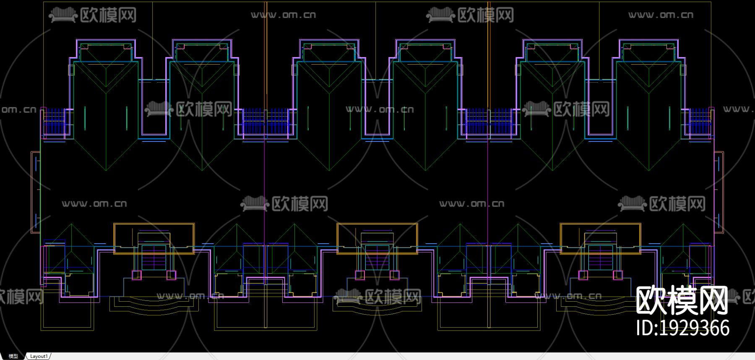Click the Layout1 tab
pos(39,356)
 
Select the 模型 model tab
pos(13,356)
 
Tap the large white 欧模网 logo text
pos(682,301)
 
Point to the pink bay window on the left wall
pos(35,192)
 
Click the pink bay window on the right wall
pos(719,192)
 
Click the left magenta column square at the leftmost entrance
pos(137,275)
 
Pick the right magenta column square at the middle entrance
pos(394,275)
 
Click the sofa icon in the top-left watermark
pos(63,16)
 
